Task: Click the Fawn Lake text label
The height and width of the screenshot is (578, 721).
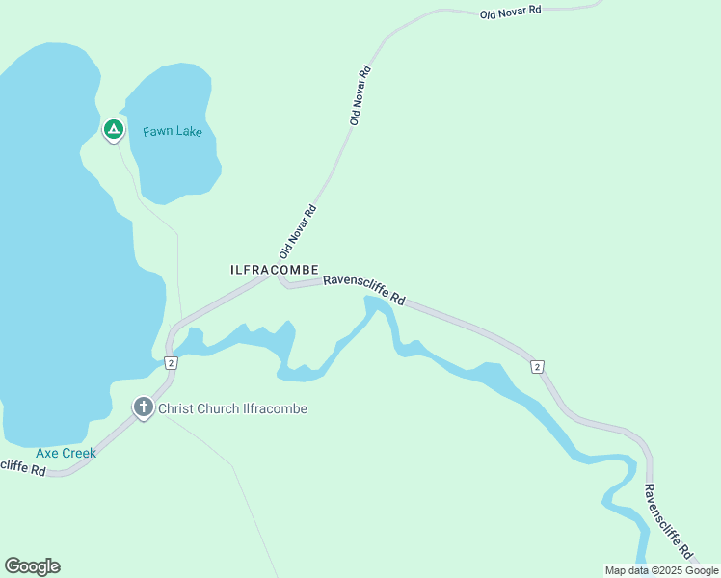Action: pyautogui.click(x=173, y=131)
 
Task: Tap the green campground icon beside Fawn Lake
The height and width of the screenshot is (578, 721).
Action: pyautogui.click(x=113, y=129)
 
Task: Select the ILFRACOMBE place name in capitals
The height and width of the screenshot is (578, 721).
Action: pyautogui.click(x=275, y=270)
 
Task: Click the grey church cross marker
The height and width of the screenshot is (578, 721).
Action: pyautogui.click(x=144, y=407)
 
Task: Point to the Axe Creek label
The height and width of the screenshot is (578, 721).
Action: pyautogui.click(x=66, y=452)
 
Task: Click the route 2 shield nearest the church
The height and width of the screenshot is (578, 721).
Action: pyautogui.click(x=170, y=363)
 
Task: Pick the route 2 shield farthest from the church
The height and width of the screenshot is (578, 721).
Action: pyautogui.click(x=537, y=366)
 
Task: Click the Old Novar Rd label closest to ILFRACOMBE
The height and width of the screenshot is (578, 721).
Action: pyautogui.click(x=299, y=232)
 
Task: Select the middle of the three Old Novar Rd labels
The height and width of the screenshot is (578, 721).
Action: pyautogui.click(x=360, y=95)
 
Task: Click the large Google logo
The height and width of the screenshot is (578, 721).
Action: pyautogui.click(x=32, y=566)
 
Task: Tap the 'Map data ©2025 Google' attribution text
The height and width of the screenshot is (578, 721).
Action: pyautogui.click(x=661, y=570)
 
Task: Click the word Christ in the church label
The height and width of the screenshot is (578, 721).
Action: pyautogui.click(x=175, y=408)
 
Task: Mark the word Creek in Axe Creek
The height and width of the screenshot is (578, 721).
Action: pyautogui.click(x=80, y=452)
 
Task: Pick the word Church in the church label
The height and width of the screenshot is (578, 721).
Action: pyautogui.click(x=217, y=408)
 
